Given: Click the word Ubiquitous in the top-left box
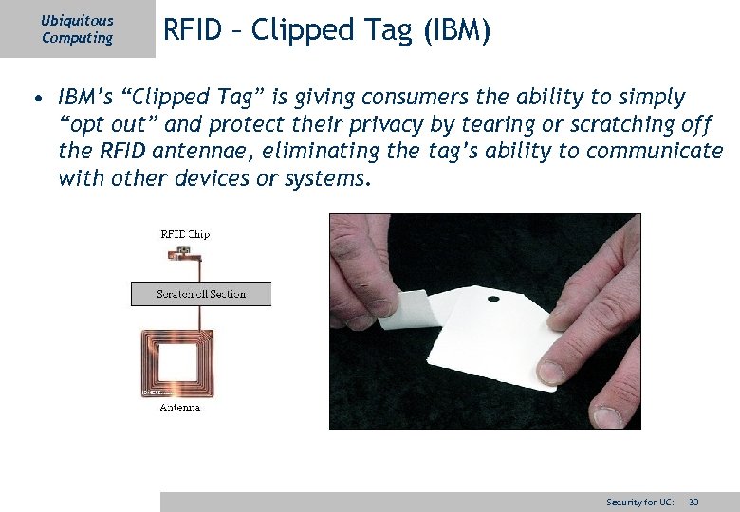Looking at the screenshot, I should click(x=77, y=20).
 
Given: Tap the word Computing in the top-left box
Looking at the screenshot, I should click(x=77, y=38).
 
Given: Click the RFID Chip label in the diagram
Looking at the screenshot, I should click(x=185, y=234).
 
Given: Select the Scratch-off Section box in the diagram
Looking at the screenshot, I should click(x=200, y=294).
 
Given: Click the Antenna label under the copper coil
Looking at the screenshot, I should click(x=179, y=408).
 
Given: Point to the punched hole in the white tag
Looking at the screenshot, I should click(x=492, y=300).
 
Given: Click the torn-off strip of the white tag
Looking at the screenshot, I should click(x=403, y=311).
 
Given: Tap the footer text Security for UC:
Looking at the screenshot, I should click(x=640, y=502).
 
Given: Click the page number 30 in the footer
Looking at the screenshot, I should click(x=694, y=502).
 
